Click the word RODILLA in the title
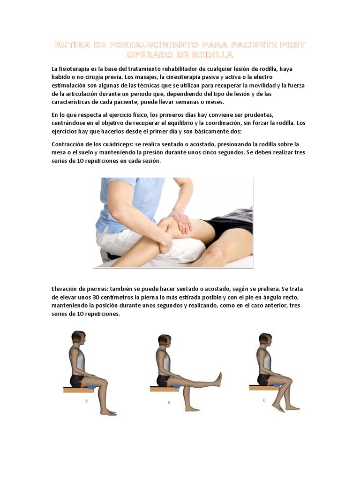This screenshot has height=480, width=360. tap(213, 55)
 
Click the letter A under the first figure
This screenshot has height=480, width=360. tap(87, 401)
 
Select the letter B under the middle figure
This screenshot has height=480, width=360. tap(169, 402)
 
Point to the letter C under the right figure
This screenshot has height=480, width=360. tap(264, 400)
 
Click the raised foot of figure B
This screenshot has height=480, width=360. tap(218, 378)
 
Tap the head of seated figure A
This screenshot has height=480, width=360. tap(78, 337)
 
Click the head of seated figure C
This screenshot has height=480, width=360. tap(265, 340)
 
